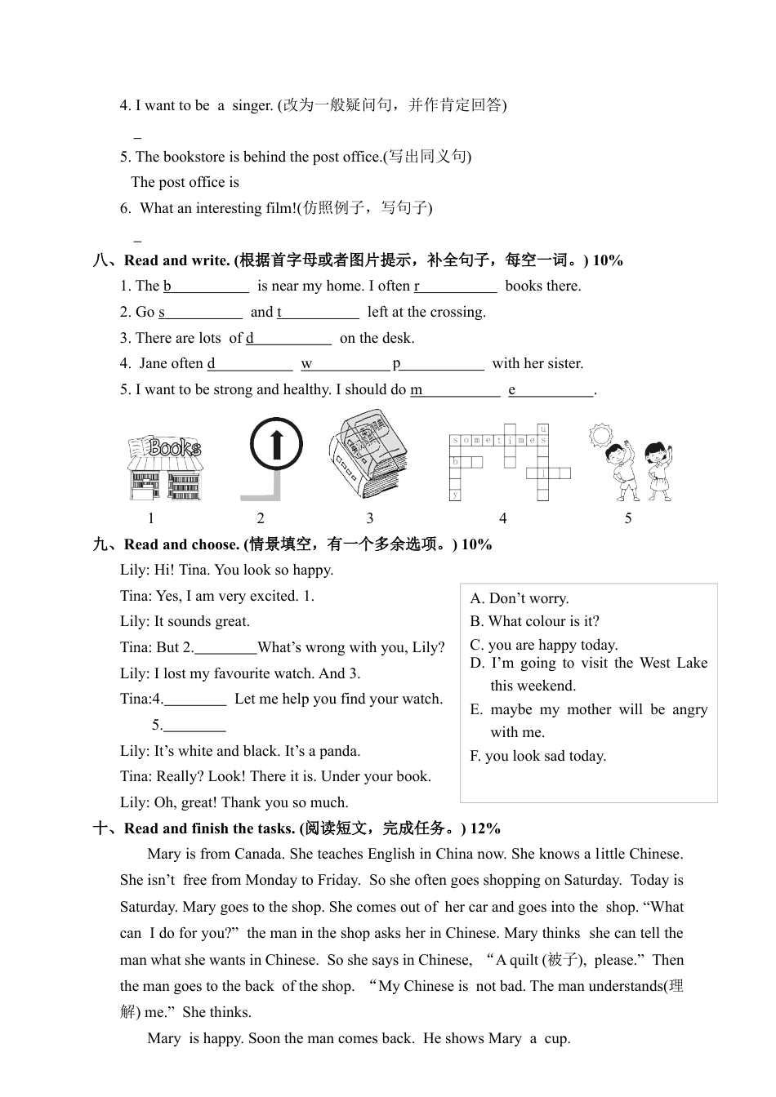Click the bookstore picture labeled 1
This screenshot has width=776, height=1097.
164,469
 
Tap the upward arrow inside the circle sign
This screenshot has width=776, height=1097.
276,445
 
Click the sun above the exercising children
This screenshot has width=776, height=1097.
601,435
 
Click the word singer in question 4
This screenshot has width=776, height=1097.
252,105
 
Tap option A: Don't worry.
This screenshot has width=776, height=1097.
520,598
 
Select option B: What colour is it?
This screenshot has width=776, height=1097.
534,621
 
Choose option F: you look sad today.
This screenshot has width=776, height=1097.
537,756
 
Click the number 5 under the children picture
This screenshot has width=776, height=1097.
628,518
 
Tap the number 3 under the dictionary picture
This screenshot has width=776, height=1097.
370,518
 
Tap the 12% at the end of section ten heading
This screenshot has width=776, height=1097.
485,828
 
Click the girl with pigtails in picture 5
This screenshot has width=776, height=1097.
658,469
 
